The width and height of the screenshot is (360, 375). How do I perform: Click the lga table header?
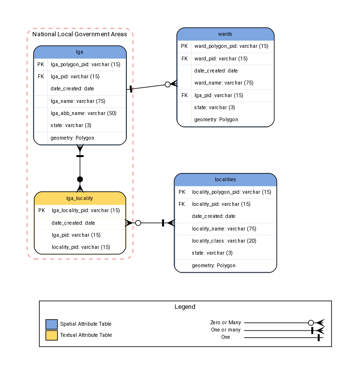pyautogui.click(x=80, y=52)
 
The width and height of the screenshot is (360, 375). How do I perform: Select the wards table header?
pyautogui.click(x=225, y=34)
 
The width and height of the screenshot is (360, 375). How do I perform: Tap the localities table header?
pyautogui.click(x=225, y=179)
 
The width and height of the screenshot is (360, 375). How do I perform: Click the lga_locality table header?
pyautogui.click(x=80, y=198)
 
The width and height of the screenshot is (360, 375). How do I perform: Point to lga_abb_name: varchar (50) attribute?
pyautogui.click(x=83, y=113)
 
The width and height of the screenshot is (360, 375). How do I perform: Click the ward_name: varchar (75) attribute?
pyautogui.click(x=224, y=83)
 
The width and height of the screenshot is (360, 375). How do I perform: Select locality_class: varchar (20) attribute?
pyautogui.click(x=224, y=241)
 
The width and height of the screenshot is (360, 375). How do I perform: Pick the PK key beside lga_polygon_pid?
pyautogui.click(x=41, y=64)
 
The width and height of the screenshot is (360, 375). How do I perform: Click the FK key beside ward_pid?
pyautogui.click(x=184, y=58)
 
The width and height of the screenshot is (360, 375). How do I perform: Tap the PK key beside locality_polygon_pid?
pyautogui.click(x=182, y=192)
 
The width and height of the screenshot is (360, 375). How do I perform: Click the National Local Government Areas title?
pyautogui.click(x=80, y=34)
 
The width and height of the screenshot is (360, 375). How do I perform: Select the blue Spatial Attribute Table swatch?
pyautogui.click(x=51, y=324)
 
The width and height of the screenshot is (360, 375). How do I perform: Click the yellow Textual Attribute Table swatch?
pyautogui.click(x=51, y=335)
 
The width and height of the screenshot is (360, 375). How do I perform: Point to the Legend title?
pyautogui.click(x=185, y=306)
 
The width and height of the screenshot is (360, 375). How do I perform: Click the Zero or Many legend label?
pyautogui.click(x=225, y=322)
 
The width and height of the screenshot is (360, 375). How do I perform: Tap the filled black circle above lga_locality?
pyautogui.click(x=80, y=179)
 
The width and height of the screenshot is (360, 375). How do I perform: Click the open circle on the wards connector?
pyautogui.click(x=167, y=85)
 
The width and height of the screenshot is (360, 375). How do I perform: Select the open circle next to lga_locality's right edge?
pyautogui.click(x=138, y=223)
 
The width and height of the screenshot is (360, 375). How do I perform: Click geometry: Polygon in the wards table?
pyautogui.click(x=216, y=119)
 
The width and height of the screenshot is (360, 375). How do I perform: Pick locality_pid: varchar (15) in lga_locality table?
pyautogui.click(x=81, y=247)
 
